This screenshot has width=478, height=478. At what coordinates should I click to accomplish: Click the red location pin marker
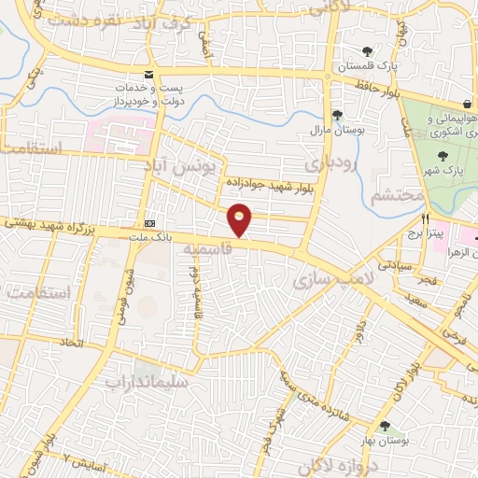click(240, 219)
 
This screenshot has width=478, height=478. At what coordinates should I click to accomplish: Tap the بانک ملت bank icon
click(150, 223)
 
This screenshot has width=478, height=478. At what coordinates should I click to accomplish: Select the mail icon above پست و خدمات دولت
click(148, 74)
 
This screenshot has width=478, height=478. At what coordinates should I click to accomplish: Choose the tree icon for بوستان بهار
click(386, 425)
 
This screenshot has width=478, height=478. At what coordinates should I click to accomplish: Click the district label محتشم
click(396, 197)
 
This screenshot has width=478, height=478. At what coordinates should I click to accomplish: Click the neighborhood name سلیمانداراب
click(147, 382)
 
